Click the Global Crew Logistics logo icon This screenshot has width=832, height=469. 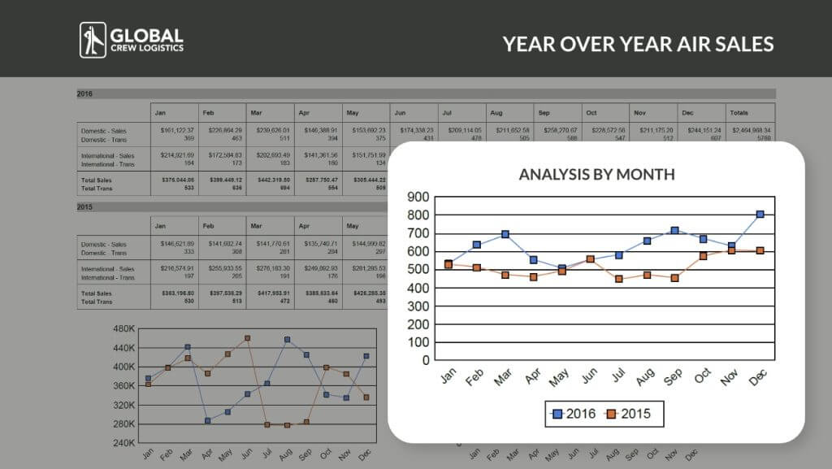(93, 40)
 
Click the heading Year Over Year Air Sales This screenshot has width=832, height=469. (638, 43)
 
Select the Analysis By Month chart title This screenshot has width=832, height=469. (596, 174)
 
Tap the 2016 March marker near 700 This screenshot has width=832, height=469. (505, 234)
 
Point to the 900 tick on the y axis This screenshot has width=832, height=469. (418, 197)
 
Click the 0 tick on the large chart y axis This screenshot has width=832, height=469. (424, 360)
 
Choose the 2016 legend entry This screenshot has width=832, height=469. (573, 415)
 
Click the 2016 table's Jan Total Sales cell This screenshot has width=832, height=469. (175, 180)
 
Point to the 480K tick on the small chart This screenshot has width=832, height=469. (124, 329)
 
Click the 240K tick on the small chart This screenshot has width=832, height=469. (124, 443)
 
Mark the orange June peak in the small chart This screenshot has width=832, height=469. (247, 338)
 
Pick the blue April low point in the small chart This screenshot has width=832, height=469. (207, 421)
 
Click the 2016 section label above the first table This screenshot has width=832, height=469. (84, 93)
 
